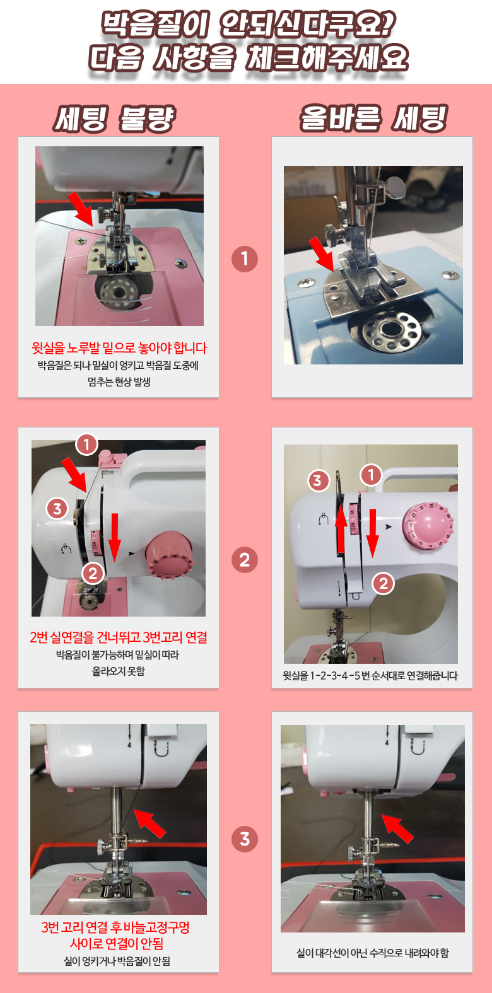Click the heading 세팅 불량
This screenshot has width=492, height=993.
(x=114, y=119)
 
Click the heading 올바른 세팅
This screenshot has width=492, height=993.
(x=373, y=119)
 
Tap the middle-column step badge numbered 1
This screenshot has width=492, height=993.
(x=245, y=259)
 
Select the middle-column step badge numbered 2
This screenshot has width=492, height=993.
(x=245, y=560)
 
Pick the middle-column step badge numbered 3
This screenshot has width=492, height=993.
(x=245, y=839)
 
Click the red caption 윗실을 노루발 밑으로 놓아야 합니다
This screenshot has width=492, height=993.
(x=119, y=348)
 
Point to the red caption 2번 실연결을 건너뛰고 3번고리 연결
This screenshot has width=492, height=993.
(x=119, y=637)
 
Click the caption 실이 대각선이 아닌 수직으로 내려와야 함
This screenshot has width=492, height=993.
(x=372, y=952)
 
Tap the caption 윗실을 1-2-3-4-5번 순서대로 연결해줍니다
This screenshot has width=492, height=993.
(x=370, y=676)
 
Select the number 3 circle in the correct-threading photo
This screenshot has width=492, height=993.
(x=317, y=480)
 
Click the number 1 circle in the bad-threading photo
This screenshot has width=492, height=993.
(x=86, y=444)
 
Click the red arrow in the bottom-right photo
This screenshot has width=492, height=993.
(x=397, y=828)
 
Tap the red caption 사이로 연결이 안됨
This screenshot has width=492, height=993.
(x=117, y=943)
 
